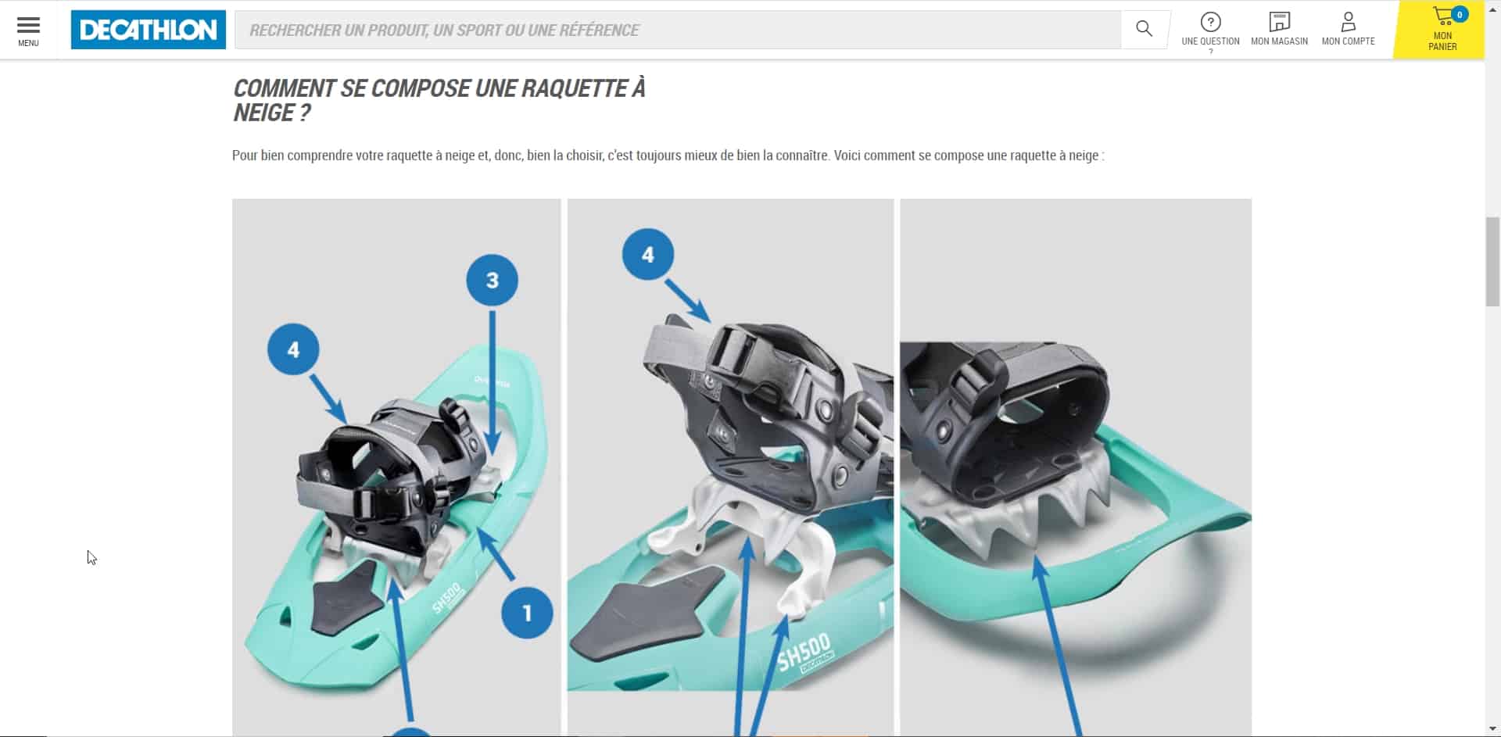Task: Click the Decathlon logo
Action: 148,30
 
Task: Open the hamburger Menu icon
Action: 28,26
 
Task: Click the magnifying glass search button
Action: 1144,29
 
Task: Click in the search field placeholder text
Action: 444,30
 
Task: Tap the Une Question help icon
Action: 1210,22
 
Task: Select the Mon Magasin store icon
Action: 1279,22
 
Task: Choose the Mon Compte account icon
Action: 1348,22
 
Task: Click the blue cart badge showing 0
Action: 1459,14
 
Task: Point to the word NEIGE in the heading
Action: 263,113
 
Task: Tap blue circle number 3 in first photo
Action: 492,280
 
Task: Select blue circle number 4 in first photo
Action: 293,349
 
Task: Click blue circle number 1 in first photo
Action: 527,613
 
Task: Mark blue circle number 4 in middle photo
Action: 647,255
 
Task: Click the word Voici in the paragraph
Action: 847,156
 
